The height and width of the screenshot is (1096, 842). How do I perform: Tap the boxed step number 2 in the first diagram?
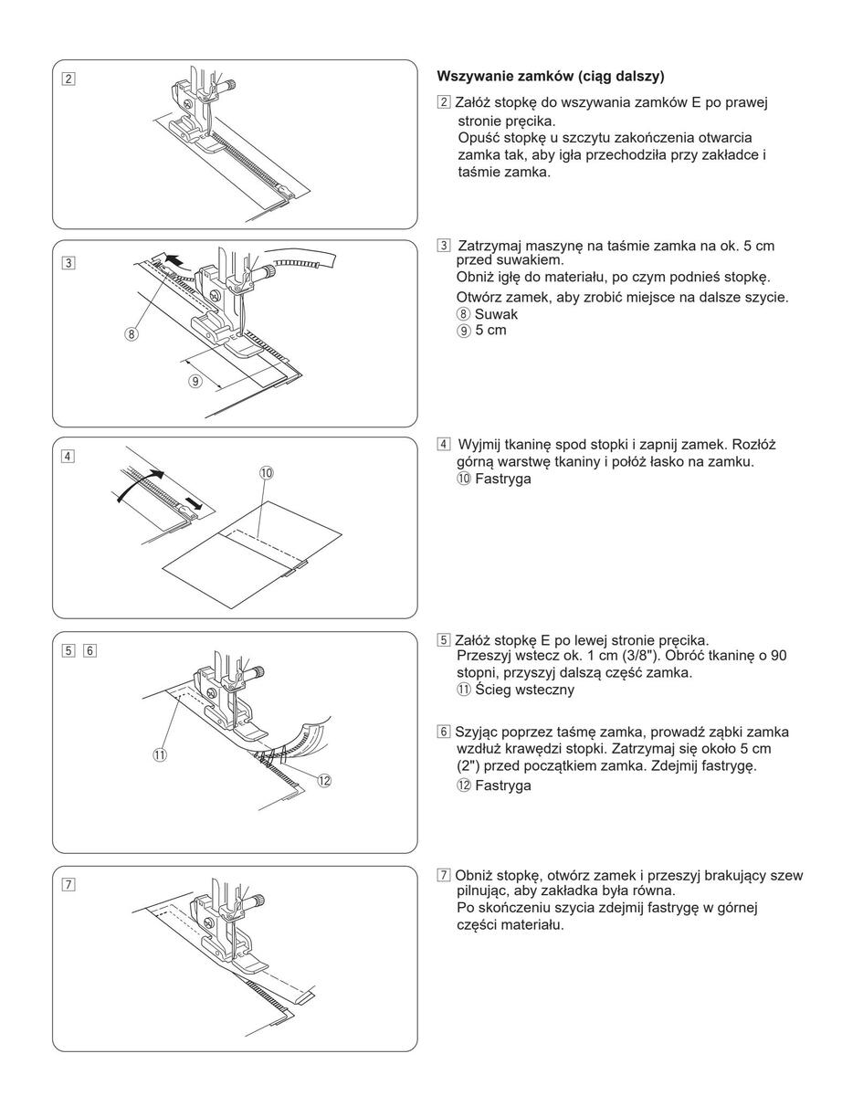coord(69,77)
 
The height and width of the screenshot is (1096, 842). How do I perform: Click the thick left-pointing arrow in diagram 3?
coord(172,261)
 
